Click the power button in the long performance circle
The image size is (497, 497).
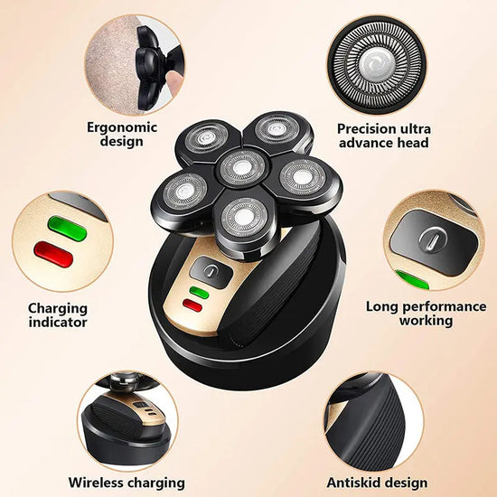tap(433, 239)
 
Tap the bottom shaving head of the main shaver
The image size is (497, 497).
tap(240, 215)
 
